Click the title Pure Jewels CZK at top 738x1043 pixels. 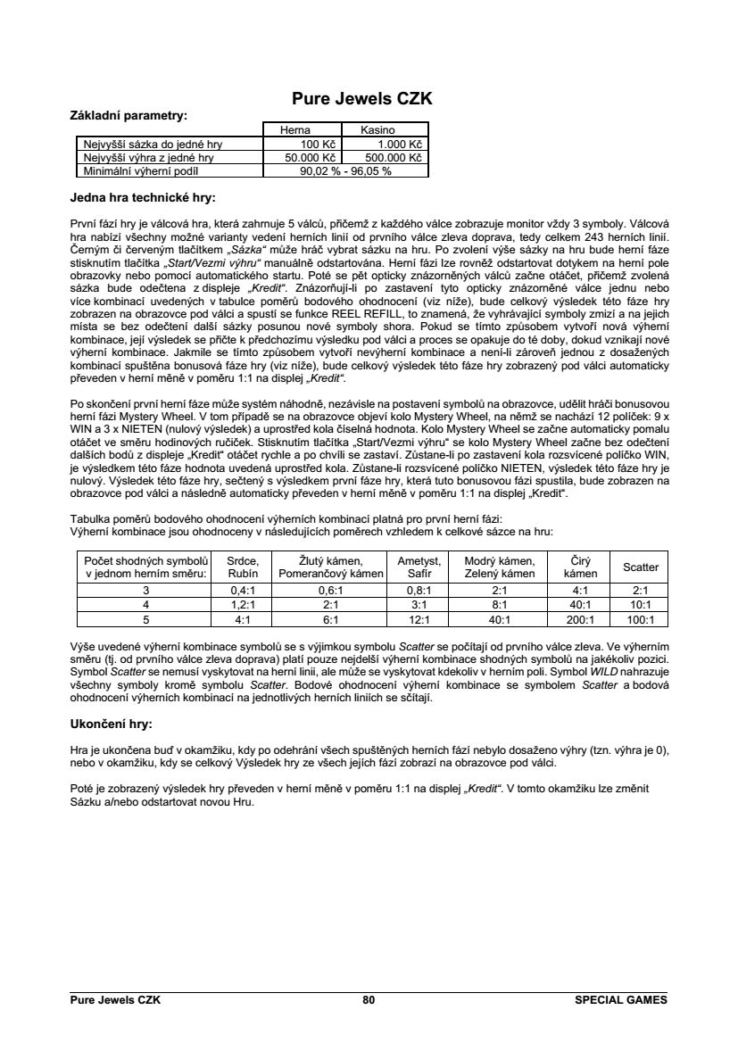pos(362,99)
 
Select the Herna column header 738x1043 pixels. pos(294,130)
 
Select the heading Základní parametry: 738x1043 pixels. pos(129,115)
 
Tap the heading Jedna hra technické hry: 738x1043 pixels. pos(143,196)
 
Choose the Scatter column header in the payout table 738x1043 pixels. pos(641,567)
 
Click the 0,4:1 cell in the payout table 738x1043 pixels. pos(243,590)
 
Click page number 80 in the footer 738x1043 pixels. pos(369,1000)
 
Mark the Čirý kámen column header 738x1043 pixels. pos(581,567)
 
